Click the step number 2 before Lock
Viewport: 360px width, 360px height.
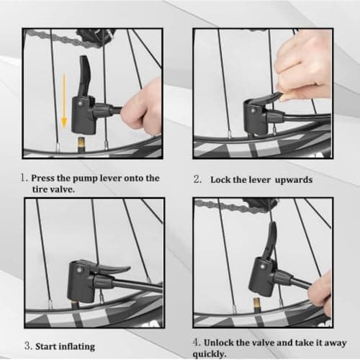coord(197,179)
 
